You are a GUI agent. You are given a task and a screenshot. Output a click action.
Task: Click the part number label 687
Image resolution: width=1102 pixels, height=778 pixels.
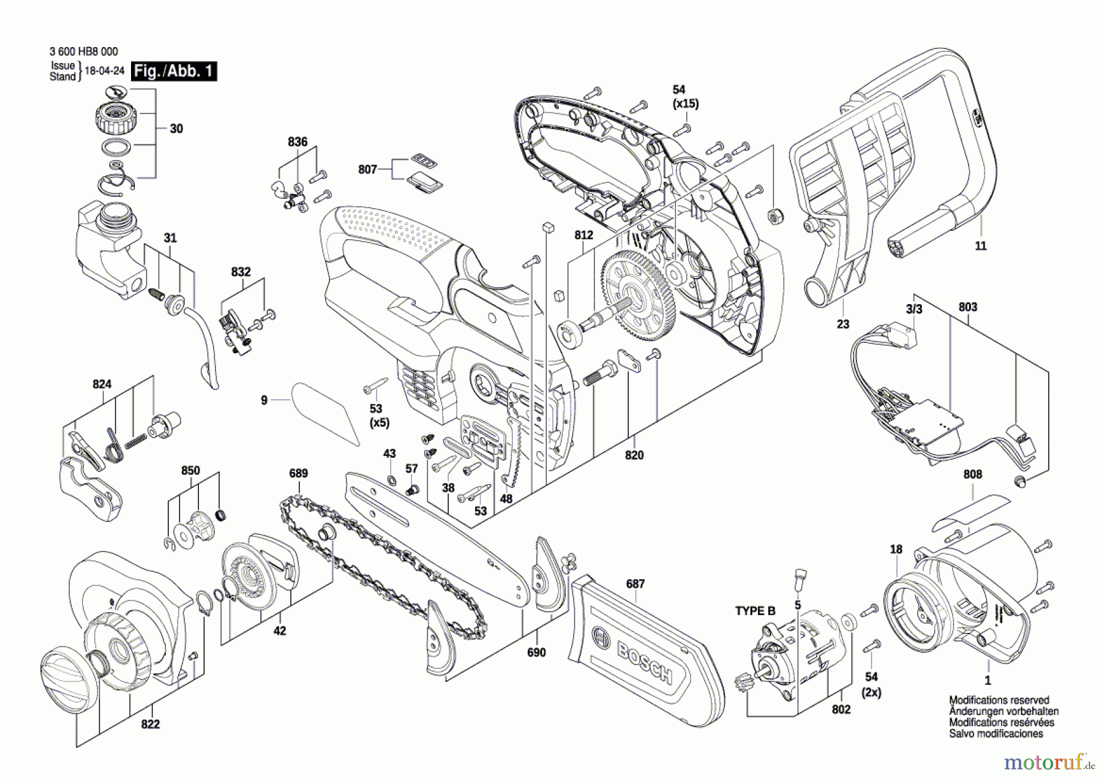click(x=635, y=584)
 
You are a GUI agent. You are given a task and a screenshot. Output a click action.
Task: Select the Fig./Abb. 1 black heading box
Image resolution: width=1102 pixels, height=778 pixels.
click(x=174, y=71)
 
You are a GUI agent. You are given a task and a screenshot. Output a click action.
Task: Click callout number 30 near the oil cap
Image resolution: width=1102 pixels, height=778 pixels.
click(x=176, y=129)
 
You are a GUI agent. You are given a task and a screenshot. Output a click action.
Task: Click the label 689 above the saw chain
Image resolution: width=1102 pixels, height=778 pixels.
click(x=298, y=473)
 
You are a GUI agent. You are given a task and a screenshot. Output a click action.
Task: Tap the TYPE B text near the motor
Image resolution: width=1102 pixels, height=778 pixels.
click(x=755, y=611)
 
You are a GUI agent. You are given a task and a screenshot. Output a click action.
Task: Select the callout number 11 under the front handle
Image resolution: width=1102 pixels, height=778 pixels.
click(x=981, y=245)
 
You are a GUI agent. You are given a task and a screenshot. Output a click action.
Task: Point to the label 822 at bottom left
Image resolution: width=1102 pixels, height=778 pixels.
click(x=150, y=724)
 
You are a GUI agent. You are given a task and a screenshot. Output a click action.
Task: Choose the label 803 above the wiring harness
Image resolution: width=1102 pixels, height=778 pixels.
click(x=968, y=307)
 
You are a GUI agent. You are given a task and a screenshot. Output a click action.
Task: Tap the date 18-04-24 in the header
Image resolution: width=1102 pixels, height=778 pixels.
click(x=104, y=71)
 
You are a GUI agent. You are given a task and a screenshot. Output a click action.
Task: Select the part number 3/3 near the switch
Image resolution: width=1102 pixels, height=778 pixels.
click(x=914, y=309)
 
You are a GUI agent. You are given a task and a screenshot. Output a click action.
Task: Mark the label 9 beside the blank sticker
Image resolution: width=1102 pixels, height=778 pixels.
click(x=264, y=400)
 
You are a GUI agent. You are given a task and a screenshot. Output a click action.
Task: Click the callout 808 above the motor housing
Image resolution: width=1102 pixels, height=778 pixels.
click(x=972, y=474)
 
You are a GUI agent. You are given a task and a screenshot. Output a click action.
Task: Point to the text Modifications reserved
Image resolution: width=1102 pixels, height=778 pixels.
click(x=999, y=700)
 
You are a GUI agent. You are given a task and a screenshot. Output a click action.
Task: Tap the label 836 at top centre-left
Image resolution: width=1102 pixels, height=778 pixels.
click(x=298, y=142)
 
